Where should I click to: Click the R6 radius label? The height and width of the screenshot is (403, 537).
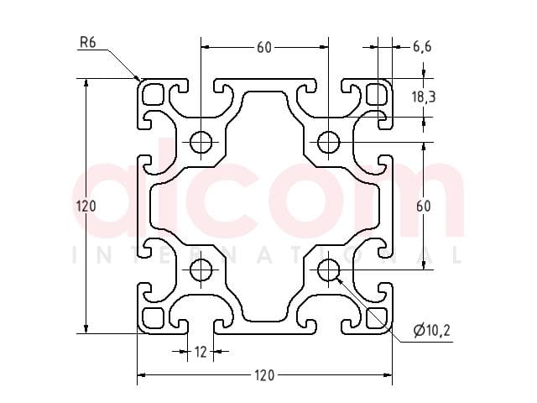[x=87, y=42]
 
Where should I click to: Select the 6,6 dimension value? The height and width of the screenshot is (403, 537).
[x=422, y=46]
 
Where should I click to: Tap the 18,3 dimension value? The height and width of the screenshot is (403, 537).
[x=424, y=97]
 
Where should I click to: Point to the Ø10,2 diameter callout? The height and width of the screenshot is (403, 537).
[x=431, y=330]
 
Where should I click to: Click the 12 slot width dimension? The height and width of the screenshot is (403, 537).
[x=201, y=352]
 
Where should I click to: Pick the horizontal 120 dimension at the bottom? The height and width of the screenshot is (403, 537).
[x=264, y=375]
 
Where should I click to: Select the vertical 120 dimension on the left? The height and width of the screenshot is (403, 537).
[x=86, y=207]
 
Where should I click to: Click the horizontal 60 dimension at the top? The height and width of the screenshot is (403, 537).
[x=264, y=47]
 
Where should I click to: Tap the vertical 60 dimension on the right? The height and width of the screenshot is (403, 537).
[x=424, y=206]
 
